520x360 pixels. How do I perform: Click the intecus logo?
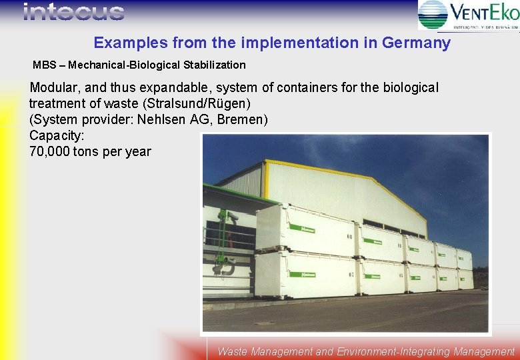pyautogui.click(x=73, y=12)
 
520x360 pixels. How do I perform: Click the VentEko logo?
pyautogui.click(x=468, y=15)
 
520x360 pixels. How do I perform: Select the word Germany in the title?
pyautogui.click(x=417, y=43)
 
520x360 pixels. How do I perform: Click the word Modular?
pyautogui.click(x=54, y=88)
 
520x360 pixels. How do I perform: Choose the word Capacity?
pyautogui.click(x=55, y=136)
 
